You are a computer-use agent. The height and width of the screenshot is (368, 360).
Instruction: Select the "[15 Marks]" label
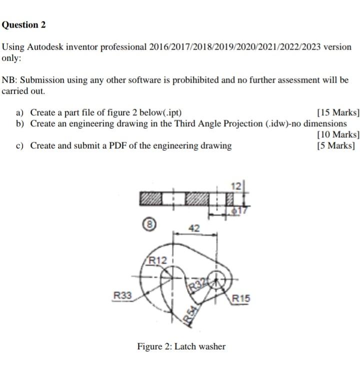pyautogui.click(x=338, y=112)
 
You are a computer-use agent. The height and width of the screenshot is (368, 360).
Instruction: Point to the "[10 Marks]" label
pyautogui.click(x=338, y=134)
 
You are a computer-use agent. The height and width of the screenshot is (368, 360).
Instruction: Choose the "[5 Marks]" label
pyautogui.click(x=336, y=146)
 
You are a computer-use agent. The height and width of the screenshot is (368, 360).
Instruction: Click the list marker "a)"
pyautogui.click(x=21, y=112)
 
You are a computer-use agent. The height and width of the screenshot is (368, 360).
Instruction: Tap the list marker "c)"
pyautogui.click(x=21, y=146)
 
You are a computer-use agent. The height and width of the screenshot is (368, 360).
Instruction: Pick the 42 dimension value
pyautogui.click(x=194, y=228)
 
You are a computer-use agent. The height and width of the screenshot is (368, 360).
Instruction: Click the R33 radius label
pyautogui.click(x=122, y=296)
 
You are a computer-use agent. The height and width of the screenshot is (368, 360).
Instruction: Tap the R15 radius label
pyautogui.click(x=240, y=298)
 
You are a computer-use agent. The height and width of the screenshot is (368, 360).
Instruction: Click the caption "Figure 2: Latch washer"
pyautogui.click(x=181, y=346)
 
